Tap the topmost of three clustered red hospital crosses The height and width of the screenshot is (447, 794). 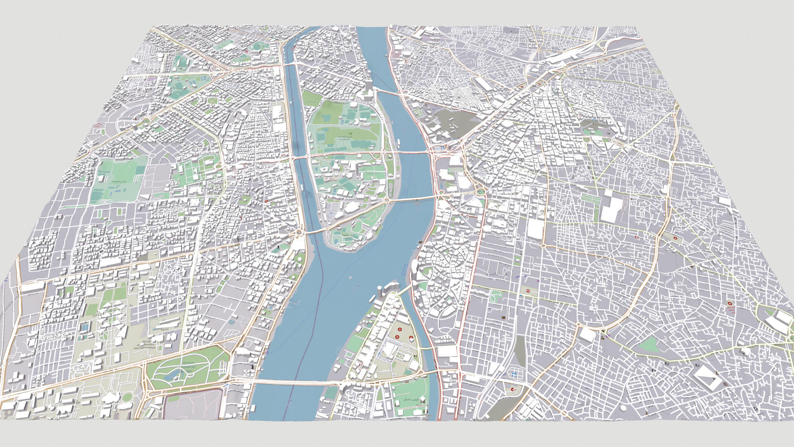coord(399,330)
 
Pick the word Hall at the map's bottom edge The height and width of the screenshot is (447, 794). coord(426,419)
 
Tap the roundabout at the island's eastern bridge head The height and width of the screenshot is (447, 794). coord(387,200)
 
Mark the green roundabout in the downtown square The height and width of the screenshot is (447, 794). coord(480,192)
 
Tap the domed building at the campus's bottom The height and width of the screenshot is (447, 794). coord(110,399)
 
